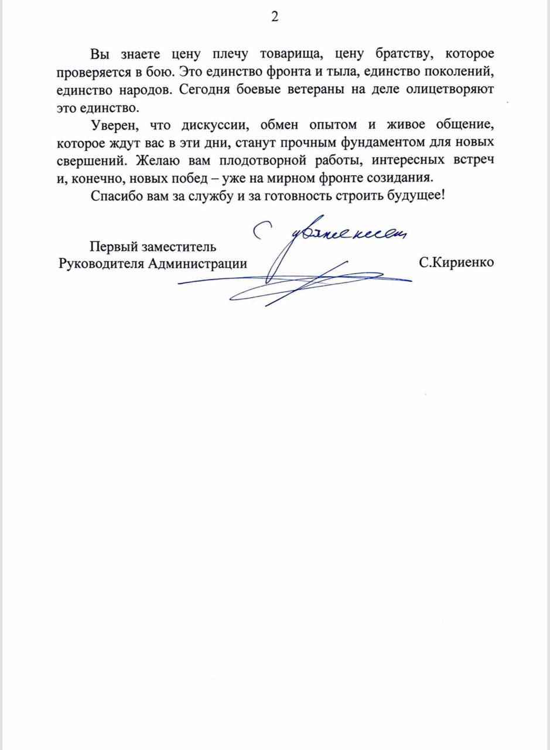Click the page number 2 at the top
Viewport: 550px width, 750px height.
pyautogui.click(x=275, y=17)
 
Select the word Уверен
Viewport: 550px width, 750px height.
pyautogui.click(x=114, y=125)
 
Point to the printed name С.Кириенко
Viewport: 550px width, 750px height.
pyautogui.click(x=456, y=262)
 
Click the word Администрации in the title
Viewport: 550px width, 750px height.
pyautogui.click(x=198, y=263)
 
